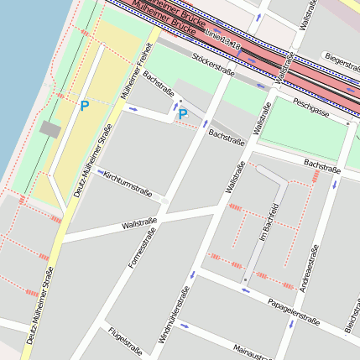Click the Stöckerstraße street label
(212, 62)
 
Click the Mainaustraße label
(252, 351)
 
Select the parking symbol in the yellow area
(84, 106)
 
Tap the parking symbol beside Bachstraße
(182, 114)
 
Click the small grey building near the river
(50, 128)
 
